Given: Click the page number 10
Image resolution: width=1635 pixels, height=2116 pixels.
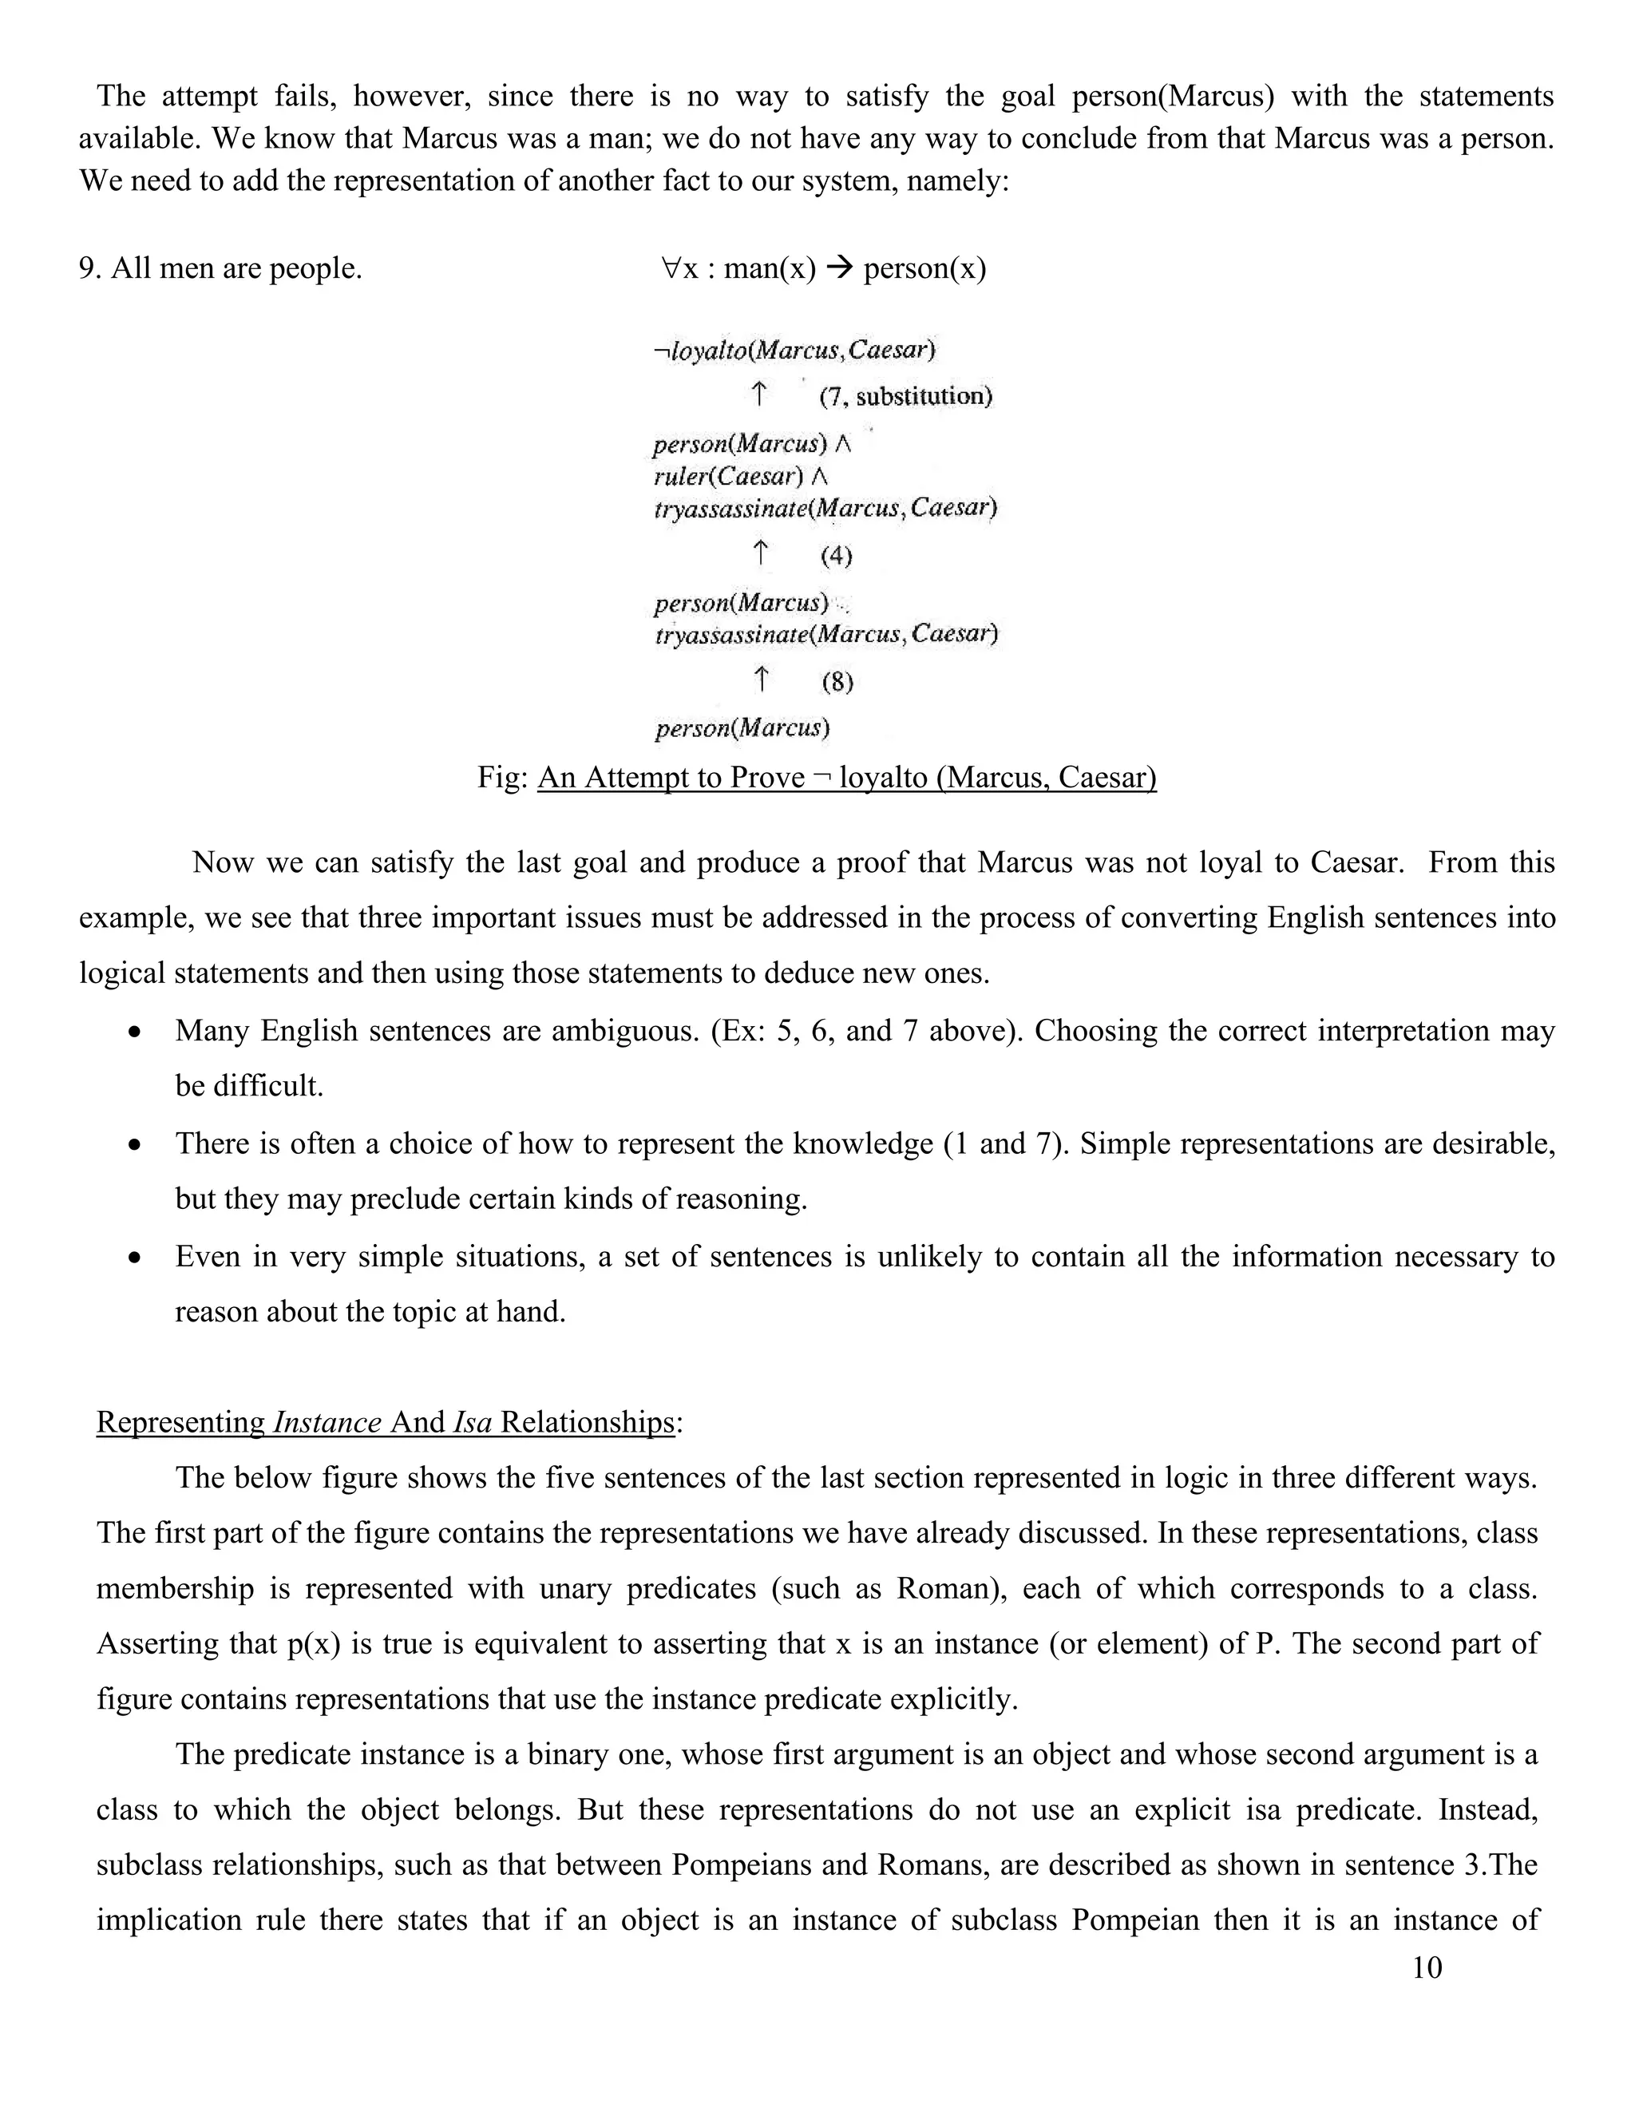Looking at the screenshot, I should pos(1426,1967).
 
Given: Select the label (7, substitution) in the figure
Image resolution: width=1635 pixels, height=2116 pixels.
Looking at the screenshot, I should pos(905,396).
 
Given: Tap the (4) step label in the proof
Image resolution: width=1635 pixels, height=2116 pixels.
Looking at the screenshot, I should pos(836,556).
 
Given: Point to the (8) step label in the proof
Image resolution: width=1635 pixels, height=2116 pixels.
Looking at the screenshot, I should pos(837,682).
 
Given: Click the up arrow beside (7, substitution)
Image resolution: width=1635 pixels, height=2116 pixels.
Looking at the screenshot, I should pos(759,394).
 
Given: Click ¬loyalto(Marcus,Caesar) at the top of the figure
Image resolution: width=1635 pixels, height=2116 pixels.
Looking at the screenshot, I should pos(794,350).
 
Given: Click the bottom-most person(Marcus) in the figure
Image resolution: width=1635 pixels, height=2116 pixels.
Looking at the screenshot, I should pos(742,727).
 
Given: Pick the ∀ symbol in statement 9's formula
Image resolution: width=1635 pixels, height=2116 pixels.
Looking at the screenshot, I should pos(671,267).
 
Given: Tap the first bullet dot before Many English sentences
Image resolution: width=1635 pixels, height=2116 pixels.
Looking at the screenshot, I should pos(136,1032).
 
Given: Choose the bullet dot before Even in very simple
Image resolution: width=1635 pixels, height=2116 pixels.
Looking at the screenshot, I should pos(136,1258).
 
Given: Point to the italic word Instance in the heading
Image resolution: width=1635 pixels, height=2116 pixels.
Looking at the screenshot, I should pos(327,1422).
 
